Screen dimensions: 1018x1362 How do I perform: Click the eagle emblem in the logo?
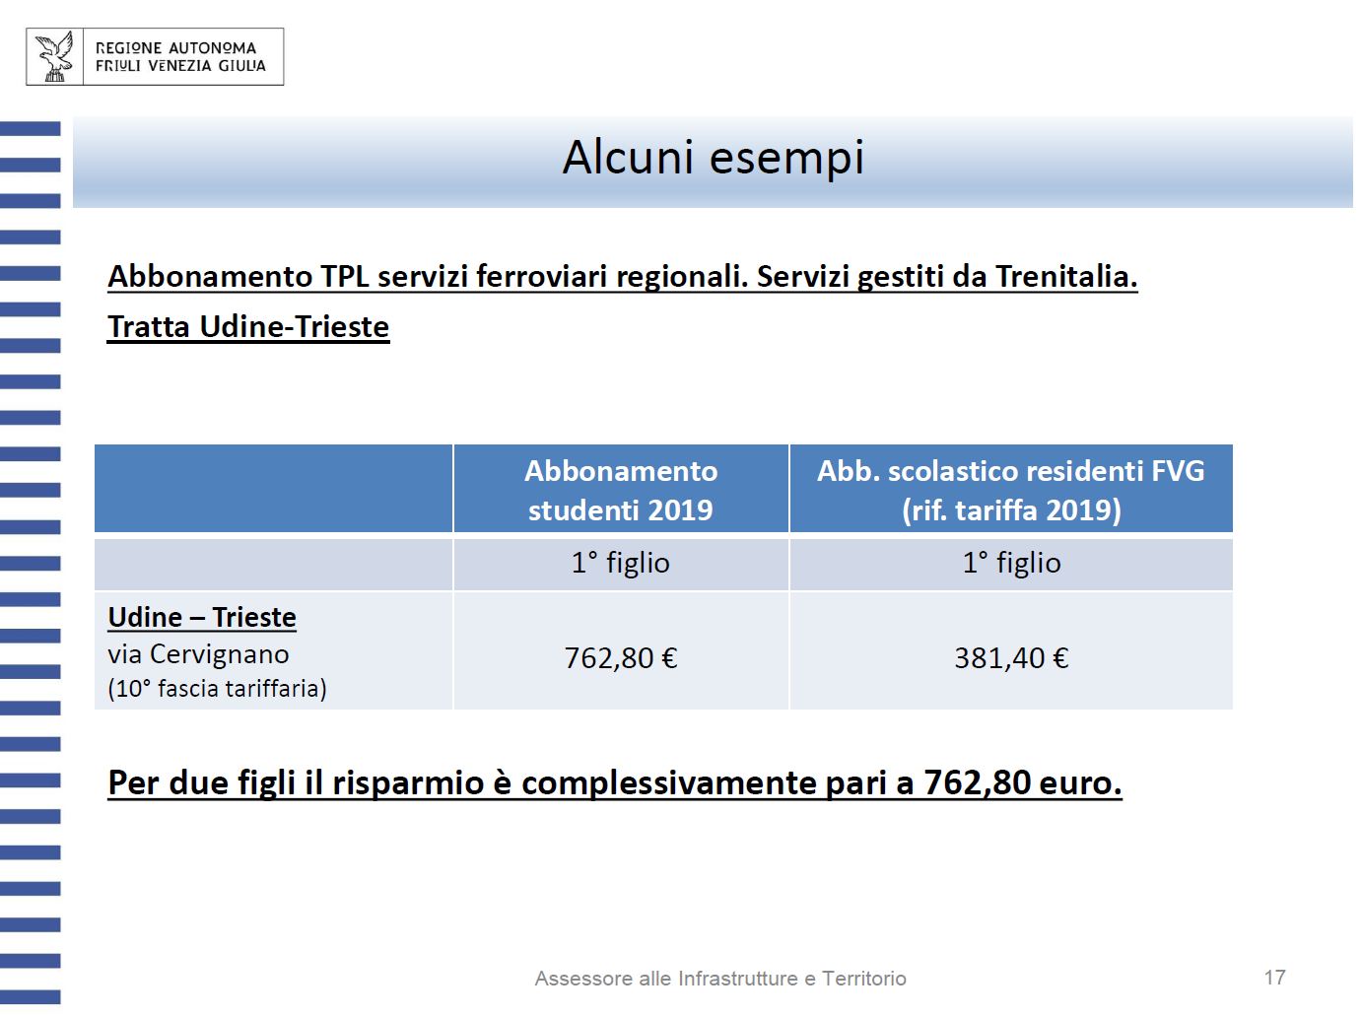point(55,56)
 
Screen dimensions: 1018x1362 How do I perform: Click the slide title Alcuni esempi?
point(713,158)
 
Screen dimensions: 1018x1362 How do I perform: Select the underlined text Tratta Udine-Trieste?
point(248,327)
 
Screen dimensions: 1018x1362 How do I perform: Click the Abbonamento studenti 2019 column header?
point(621,490)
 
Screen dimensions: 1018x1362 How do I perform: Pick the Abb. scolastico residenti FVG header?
point(1011,490)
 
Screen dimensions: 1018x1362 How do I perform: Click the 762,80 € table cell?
point(621,657)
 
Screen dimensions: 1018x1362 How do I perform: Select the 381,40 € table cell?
point(1011,657)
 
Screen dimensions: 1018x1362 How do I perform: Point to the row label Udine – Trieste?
point(202,617)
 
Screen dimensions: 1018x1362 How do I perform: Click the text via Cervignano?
point(198,654)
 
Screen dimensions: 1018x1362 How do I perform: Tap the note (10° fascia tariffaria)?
point(217,688)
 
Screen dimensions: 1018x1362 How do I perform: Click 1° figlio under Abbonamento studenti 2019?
point(621,563)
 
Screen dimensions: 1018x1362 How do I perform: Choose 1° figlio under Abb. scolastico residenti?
point(1011,563)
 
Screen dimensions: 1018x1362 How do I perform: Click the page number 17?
point(1274,977)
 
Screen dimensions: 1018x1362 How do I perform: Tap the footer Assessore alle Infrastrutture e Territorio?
point(720,979)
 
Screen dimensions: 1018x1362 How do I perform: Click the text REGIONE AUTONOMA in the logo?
point(175,47)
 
